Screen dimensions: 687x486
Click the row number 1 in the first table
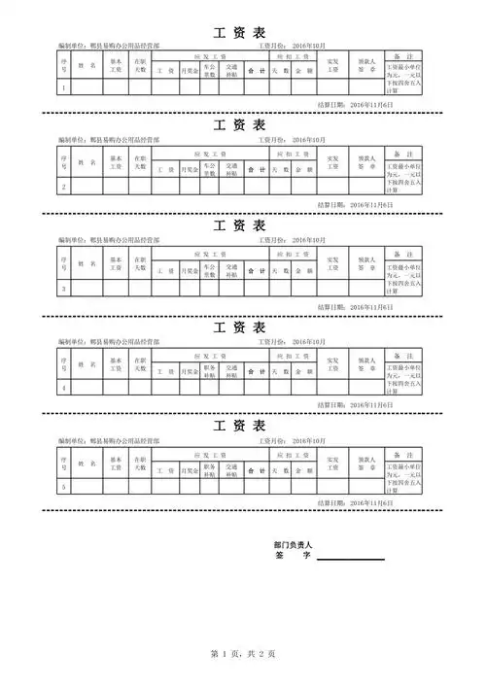pyautogui.click(x=64, y=87)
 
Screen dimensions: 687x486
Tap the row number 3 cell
pyautogui.click(x=64, y=289)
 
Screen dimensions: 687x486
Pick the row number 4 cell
pyautogui.click(x=64, y=388)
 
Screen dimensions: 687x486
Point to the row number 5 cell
pyautogui.click(x=64, y=486)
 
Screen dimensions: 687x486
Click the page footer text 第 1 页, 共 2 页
pyautogui.click(x=242, y=655)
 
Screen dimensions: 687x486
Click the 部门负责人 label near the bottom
pyautogui.click(x=293, y=547)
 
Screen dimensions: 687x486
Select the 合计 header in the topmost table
pyautogui.click(x=256, y=71)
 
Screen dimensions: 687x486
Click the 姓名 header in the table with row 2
pyautogui.click(x=87, y=164)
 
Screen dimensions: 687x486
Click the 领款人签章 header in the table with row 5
pyautogui.click(x=366, y=463)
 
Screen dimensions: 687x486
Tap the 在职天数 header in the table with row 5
pyautogui.click(x=140, y=463)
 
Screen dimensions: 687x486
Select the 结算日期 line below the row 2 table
pyautogui.click(x=356, y=205)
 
